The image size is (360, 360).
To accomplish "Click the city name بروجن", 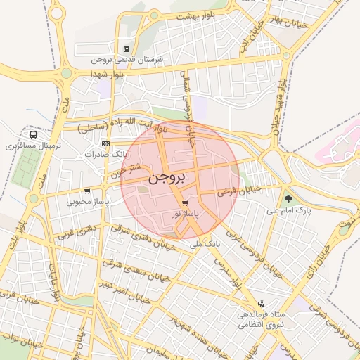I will [x=168, y=179].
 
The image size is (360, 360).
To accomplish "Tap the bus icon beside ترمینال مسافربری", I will [x=33, y=135].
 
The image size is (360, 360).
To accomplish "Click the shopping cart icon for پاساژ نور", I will [x=185, y=202].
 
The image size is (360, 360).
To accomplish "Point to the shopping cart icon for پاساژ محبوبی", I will [x=86, y=191].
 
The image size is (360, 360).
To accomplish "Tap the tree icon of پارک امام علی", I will [x=288, y=200].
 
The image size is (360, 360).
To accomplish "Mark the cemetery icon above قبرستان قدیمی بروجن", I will [x=126, y=49].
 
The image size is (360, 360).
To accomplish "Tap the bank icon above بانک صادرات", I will [x=105, y=143].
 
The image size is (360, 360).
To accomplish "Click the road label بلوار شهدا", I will [x=107, y=73].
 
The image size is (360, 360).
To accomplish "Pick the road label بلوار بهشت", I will [x=195, y=14].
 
